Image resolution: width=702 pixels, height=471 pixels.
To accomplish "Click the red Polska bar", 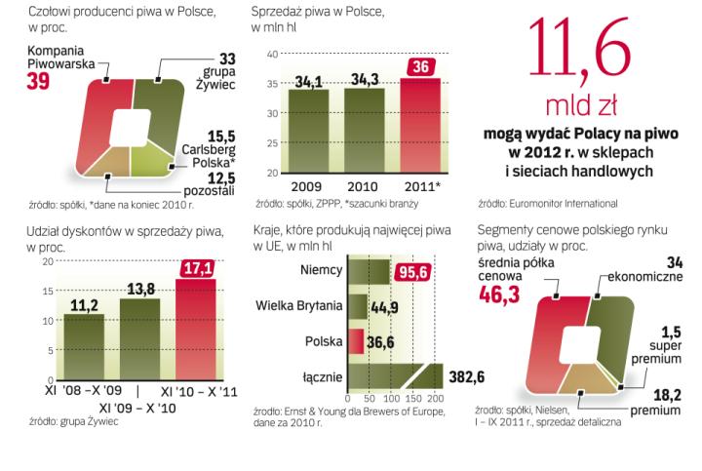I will (x=356, y=341).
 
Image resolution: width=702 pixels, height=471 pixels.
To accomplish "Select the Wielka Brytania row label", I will (x=298, y=306).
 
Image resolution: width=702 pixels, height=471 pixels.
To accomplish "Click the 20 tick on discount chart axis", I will (x=47, y=261).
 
